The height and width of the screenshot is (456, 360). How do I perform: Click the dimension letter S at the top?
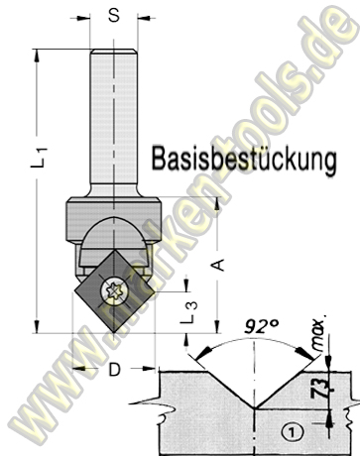click(113, 16)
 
